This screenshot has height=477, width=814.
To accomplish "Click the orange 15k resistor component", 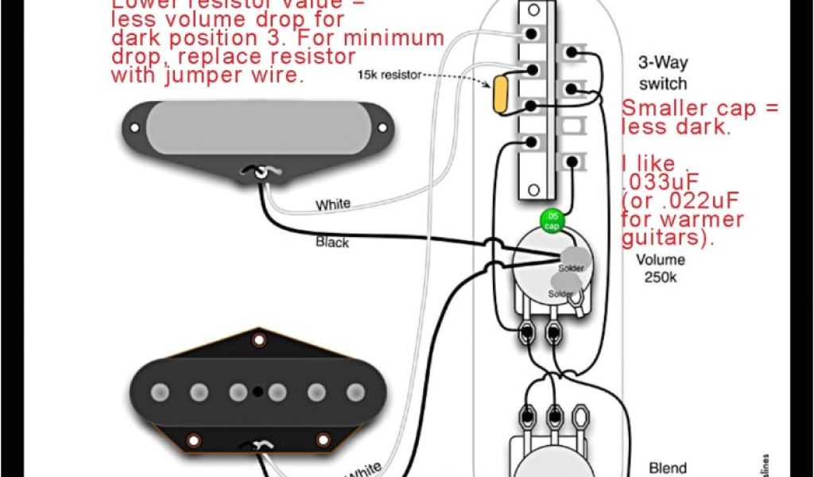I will click(x=501, y=94).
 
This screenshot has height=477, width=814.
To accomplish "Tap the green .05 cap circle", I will click(x=552, y=222).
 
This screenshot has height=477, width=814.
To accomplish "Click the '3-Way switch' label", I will click(x=662, y=72).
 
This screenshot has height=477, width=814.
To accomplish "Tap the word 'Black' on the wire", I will click(x=332, y=242).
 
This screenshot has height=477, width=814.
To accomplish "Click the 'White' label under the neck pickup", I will click(x=332, y=205).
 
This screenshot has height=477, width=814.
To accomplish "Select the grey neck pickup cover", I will click(x=258, y=127).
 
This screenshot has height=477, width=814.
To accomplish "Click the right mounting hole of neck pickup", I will click(x=383, y=126).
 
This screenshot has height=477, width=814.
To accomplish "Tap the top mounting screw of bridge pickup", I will click(x=258, y=341).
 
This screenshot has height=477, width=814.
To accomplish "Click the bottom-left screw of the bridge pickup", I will click(x=192, y=440).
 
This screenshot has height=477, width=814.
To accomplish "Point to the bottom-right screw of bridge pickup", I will click(x=323, y=440).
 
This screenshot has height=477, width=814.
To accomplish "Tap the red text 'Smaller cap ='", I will click(x=700, y=109).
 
